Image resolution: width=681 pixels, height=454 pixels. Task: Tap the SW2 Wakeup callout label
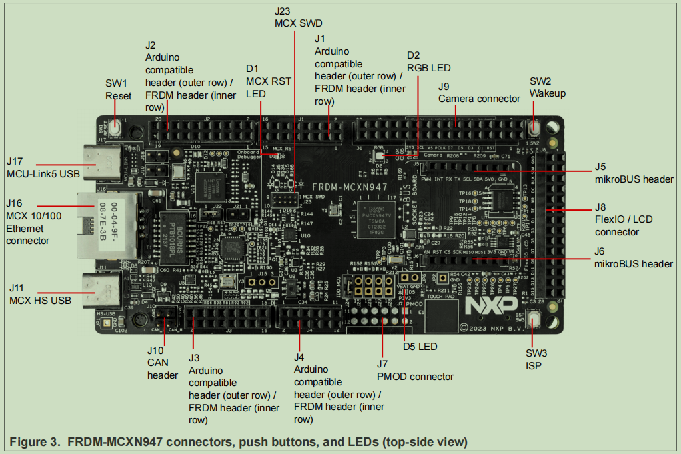tap(547, 87)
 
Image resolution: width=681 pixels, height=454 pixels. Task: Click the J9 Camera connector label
tap(479, 93)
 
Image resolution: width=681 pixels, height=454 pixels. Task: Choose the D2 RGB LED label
tap(428, 61)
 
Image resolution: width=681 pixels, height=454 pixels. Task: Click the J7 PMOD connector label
tap(415, 370)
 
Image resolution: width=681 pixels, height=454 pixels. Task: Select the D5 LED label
tap(420, 346)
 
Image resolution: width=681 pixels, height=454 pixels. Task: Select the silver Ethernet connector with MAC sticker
tap(111, 225)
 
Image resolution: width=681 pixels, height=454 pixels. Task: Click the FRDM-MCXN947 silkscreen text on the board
tap(350, 187)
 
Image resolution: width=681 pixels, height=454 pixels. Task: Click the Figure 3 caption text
tap(239, 441)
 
